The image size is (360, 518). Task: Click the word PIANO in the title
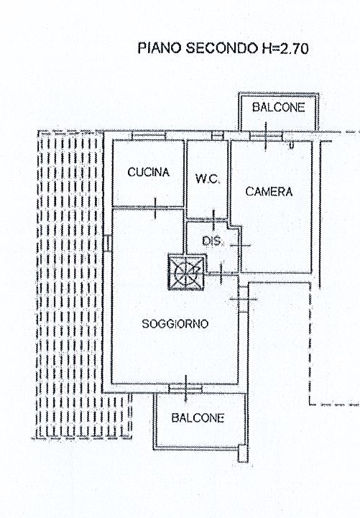tap(160, 48)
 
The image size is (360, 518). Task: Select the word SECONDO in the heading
tap(222, 48)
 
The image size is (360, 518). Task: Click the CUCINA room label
tap(148, 172)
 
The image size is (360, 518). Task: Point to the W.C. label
tap(208, 179)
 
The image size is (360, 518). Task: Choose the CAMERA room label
tap(269, 192)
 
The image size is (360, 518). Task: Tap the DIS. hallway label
tap(213, 241)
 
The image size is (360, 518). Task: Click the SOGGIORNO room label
tap(175, 324)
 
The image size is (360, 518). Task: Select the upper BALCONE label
tap(278, 107)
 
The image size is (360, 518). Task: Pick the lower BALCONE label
tap(198, 418)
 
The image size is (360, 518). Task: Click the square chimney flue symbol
tap(186, 272)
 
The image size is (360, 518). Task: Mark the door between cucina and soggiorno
tap(155, 208)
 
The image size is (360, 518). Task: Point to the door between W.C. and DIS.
tap(213, 219)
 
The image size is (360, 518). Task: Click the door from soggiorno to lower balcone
tap(185, 389)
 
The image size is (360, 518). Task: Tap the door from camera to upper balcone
tap(266, 136)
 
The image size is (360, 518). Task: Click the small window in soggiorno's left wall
tap(106, 243)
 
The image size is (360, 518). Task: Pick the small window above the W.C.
tap(217, 136)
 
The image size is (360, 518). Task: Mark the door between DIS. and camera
tap(241, 246)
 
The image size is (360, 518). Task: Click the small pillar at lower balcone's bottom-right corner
tap(243, 454)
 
